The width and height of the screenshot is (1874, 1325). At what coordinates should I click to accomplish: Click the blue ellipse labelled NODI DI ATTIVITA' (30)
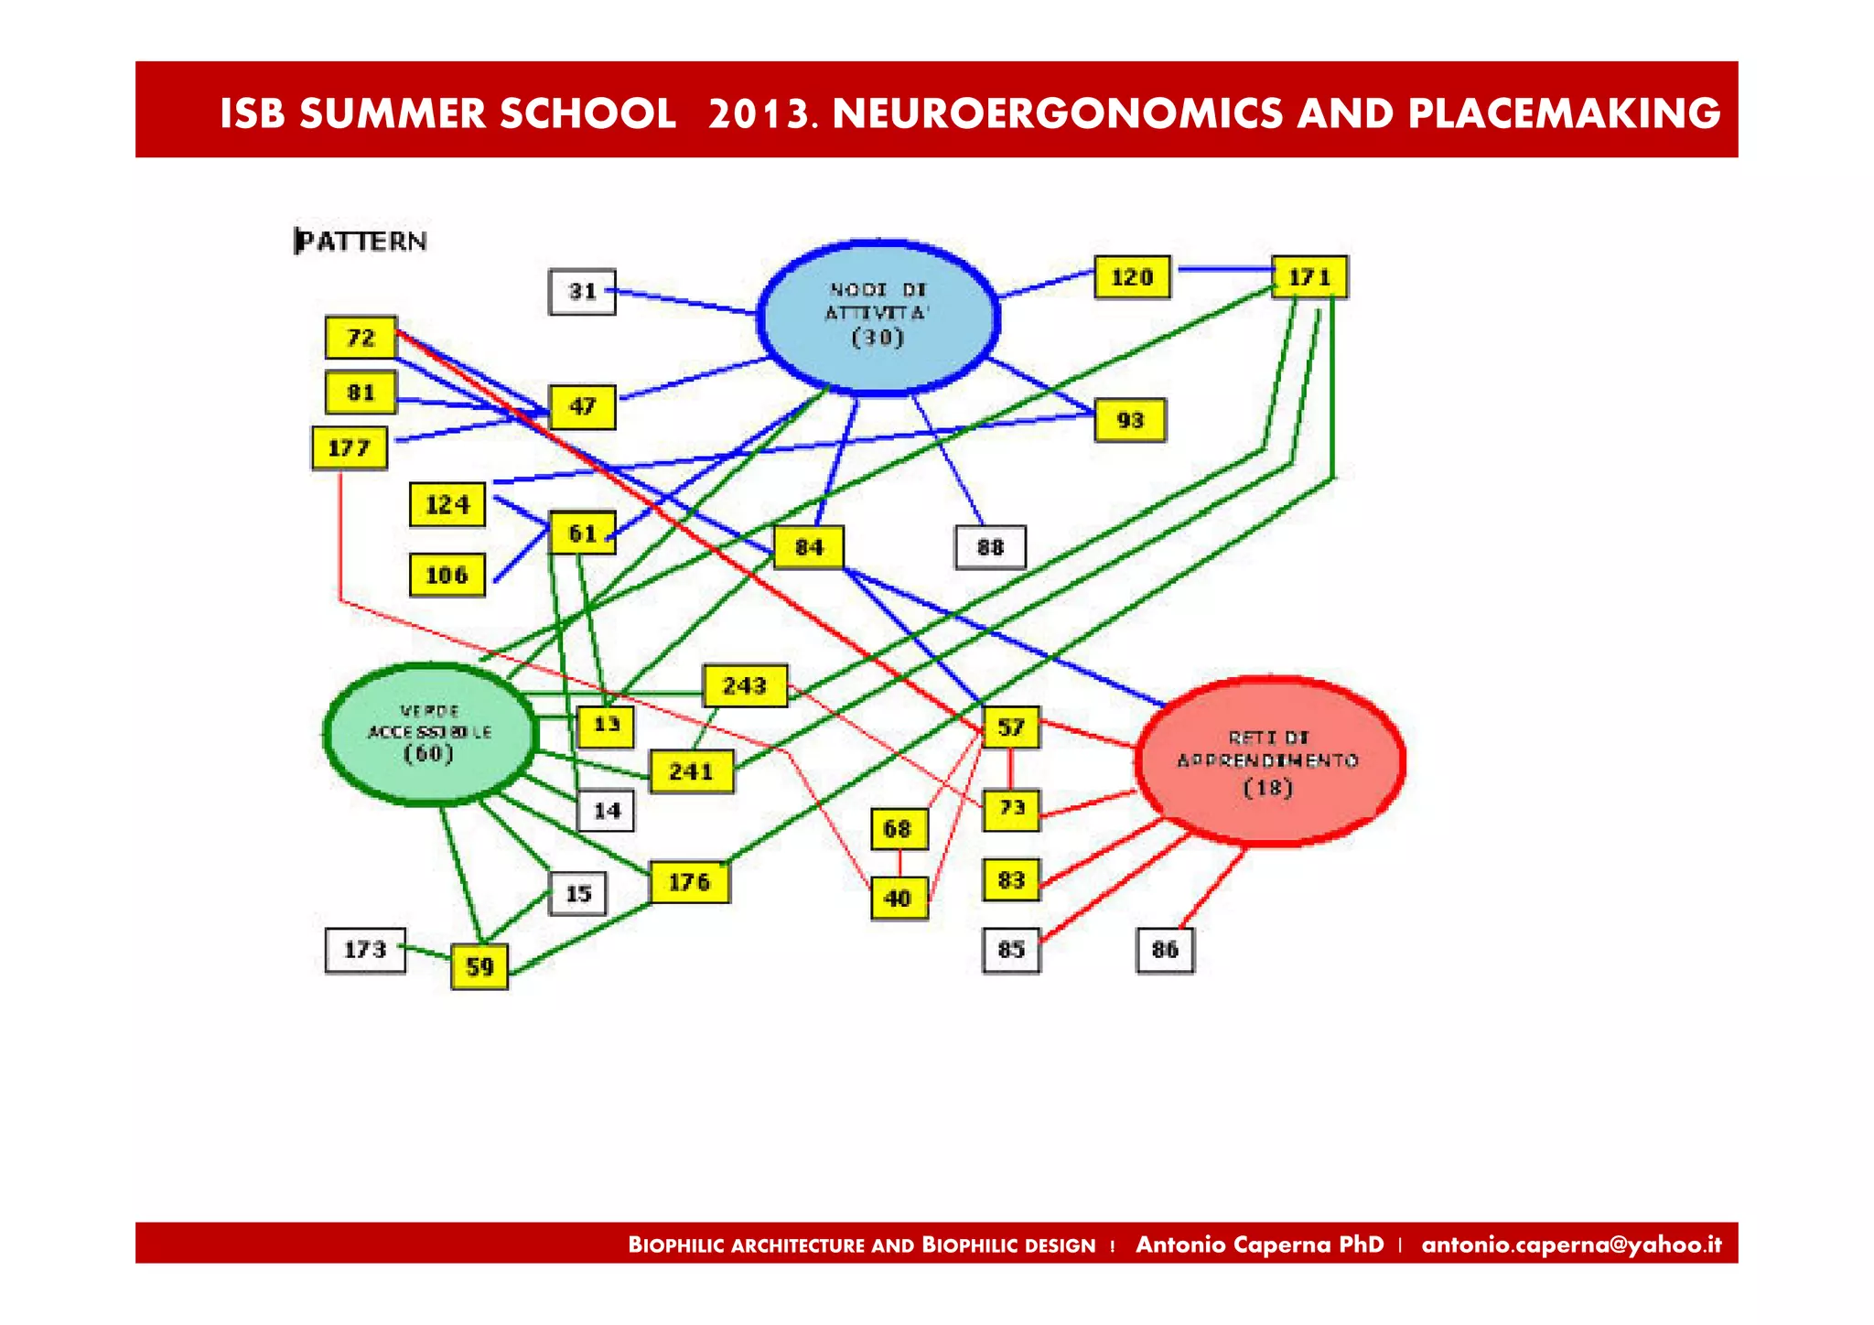(878, 317)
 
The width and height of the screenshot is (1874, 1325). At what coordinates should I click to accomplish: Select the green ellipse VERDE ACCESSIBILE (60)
(430, 733)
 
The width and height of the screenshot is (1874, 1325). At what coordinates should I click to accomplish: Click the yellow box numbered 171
(1309, 276)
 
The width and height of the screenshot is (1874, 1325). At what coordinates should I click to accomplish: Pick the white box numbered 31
(582, 292)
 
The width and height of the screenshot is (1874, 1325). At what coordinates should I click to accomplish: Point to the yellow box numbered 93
(1130, 420)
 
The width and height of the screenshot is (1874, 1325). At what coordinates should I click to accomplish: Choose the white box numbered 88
(990, 547)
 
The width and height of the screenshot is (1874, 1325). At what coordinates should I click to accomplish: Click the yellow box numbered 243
(745, 685)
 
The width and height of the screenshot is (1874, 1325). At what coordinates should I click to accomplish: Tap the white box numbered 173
(365, 950)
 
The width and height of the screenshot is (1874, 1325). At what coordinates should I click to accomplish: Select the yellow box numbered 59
(479, 966)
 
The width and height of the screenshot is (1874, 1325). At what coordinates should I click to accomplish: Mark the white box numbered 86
(1165, 950)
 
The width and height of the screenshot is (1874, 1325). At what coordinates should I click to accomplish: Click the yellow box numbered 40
(899, 898)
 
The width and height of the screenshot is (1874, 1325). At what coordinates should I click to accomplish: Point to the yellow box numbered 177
(349, 448)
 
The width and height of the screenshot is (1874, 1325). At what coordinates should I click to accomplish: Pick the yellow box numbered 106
(447, 575)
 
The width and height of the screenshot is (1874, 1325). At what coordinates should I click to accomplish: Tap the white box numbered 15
(577, 893)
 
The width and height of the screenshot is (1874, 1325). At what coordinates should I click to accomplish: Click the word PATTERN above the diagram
(361, 242)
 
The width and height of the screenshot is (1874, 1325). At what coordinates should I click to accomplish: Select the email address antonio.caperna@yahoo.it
(1571, 1244)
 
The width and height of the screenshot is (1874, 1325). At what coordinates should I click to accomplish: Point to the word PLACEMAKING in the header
(1564, 113)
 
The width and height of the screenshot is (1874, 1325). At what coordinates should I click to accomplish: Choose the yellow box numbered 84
(809, 547)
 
